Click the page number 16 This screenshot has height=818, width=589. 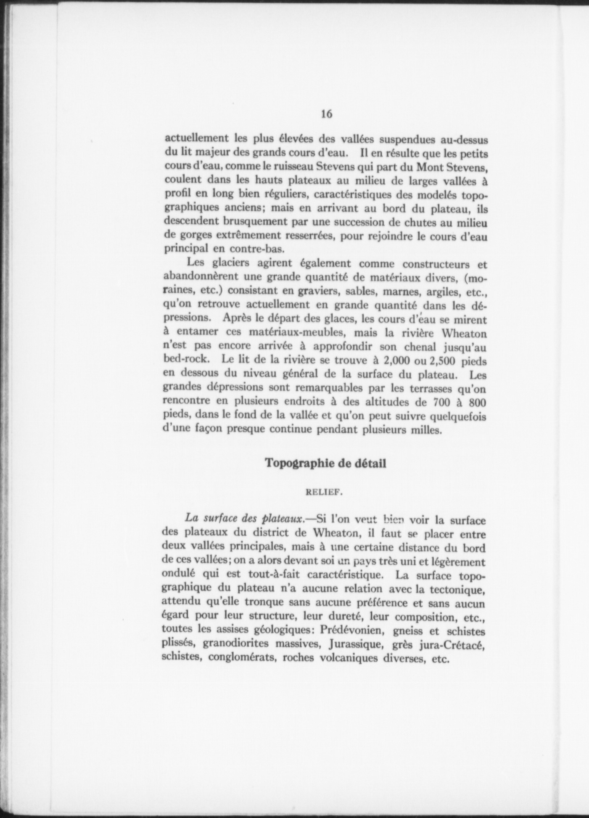[x=326, y=114]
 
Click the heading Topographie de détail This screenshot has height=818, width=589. [x=325, y=463]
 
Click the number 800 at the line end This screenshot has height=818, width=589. [x=477, y=403]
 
